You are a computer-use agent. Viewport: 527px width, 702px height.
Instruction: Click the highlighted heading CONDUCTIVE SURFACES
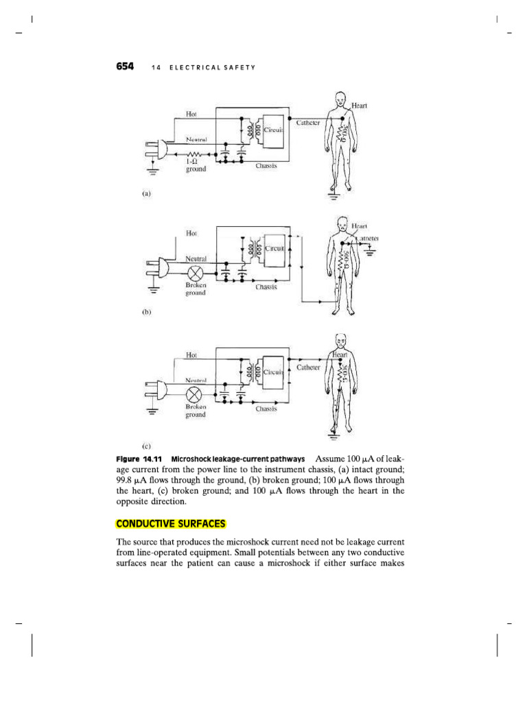(x=171, y=524)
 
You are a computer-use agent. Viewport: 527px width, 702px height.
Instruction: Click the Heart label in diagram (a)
(x=360, y=106)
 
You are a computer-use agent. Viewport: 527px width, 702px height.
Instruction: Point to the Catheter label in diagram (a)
(x=309, y=123)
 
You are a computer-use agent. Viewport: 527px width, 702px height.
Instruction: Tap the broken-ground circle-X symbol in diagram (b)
(x=194, y=272)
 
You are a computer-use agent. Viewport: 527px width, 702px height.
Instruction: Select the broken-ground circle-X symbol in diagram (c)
(x=195, y=395)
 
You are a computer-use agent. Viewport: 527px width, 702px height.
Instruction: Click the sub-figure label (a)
(x=146, y=194)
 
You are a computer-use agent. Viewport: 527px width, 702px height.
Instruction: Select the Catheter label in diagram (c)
(x=308, y=367)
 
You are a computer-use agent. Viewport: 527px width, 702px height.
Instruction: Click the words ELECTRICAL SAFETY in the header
(x=212, y=67)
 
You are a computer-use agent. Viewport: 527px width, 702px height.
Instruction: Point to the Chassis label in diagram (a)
(x=266, y=165)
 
